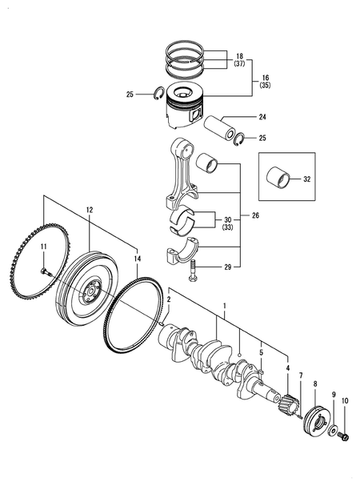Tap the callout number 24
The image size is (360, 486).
262,117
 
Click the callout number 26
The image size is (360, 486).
256,215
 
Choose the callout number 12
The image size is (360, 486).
90,209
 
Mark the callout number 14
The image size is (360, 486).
138,259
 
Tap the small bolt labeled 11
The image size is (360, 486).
46,273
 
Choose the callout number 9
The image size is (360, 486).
334,394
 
